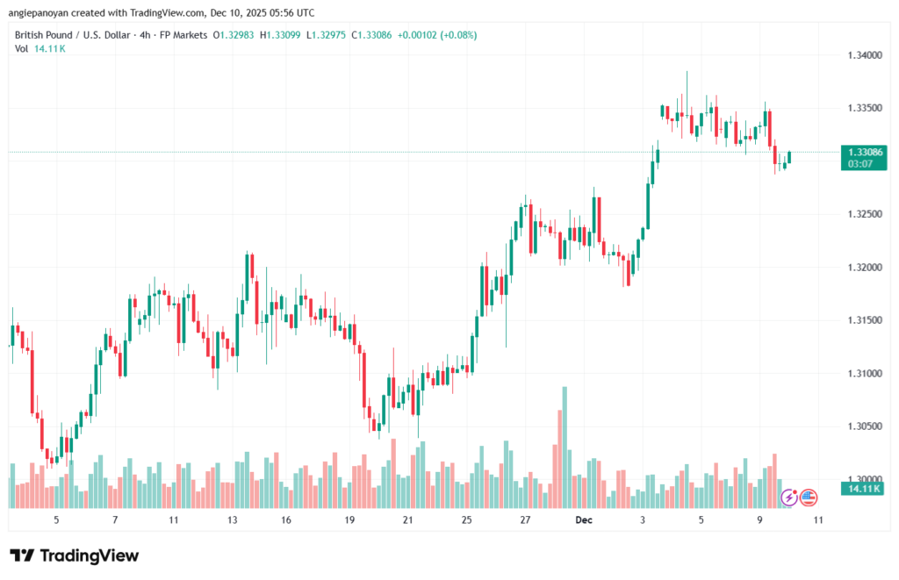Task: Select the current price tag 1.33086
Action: [x=861, y=152]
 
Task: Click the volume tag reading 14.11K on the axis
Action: [x=861, y=488]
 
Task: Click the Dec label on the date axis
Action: [x=584, y=519]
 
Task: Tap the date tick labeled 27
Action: [x=525, y=519]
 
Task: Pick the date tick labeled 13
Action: [x=233, y=519]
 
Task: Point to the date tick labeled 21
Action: [x=408, y=519]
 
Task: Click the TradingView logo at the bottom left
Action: [x=74, y=555]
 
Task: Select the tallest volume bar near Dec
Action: [x=564, y=446]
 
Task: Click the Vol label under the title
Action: [x=22, y=48]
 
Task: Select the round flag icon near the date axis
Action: [x=809, y=498]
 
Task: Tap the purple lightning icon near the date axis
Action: [x=788, y=498]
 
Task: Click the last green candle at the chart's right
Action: [x=790, y=157]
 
